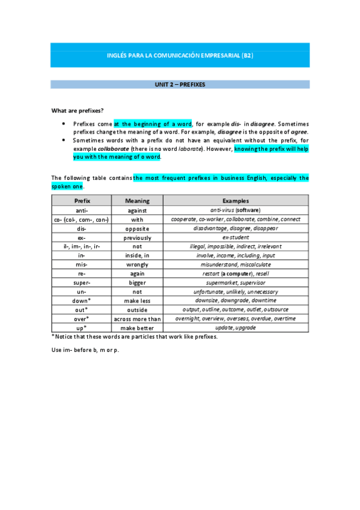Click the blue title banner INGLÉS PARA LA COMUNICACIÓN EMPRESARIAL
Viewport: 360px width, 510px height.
(180, 55)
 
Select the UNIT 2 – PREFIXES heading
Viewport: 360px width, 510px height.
(180, 85)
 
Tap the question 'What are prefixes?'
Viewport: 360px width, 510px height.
(78, 110)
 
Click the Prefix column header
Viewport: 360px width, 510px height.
(82, 201)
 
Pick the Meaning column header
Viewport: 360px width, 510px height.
(137, 201)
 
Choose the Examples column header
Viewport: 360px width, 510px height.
(236, 201)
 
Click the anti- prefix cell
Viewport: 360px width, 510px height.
(82, 210)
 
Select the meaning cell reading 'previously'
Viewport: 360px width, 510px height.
(137, 238)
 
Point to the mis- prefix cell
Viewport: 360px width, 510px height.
(82, 265)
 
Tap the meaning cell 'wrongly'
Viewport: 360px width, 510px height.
(137, 265)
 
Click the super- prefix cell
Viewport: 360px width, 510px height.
(82, 283)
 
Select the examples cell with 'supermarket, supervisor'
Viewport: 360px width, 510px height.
(236, 283)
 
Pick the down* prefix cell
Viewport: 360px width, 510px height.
(82, 301)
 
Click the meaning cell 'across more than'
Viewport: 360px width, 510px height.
(137, 319)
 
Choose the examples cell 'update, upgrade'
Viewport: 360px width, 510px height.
(236, 328)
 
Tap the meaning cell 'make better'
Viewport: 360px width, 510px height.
(137, 328)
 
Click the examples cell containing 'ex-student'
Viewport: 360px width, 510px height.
(236, 238)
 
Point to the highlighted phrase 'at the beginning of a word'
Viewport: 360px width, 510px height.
(152, 123)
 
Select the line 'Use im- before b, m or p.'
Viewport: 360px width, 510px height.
(85, 349)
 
